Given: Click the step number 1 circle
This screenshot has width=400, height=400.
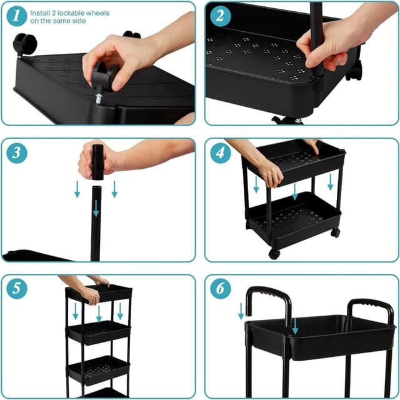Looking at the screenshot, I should (x=17, y=15).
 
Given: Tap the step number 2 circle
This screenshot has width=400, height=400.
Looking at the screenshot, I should (x=220, y=16).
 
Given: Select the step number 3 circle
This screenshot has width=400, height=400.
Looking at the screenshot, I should (x=17, y=152).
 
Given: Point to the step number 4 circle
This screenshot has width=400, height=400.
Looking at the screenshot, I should (x=220, y=153).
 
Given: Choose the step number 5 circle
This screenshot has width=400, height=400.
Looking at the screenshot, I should (x=17, y=289).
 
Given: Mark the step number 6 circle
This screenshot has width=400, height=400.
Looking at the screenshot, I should (x=220, y=289).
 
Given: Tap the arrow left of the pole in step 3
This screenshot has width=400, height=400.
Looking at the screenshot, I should (x=77, y=188).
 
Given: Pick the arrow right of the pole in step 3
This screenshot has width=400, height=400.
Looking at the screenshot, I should (x=114, y=188).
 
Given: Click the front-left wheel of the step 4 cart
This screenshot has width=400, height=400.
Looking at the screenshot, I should (x=274, y=253).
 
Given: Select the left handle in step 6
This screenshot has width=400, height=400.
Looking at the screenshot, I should (x=269, y=301).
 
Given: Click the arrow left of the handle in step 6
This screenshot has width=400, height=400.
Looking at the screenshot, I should (x=241, y=310).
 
